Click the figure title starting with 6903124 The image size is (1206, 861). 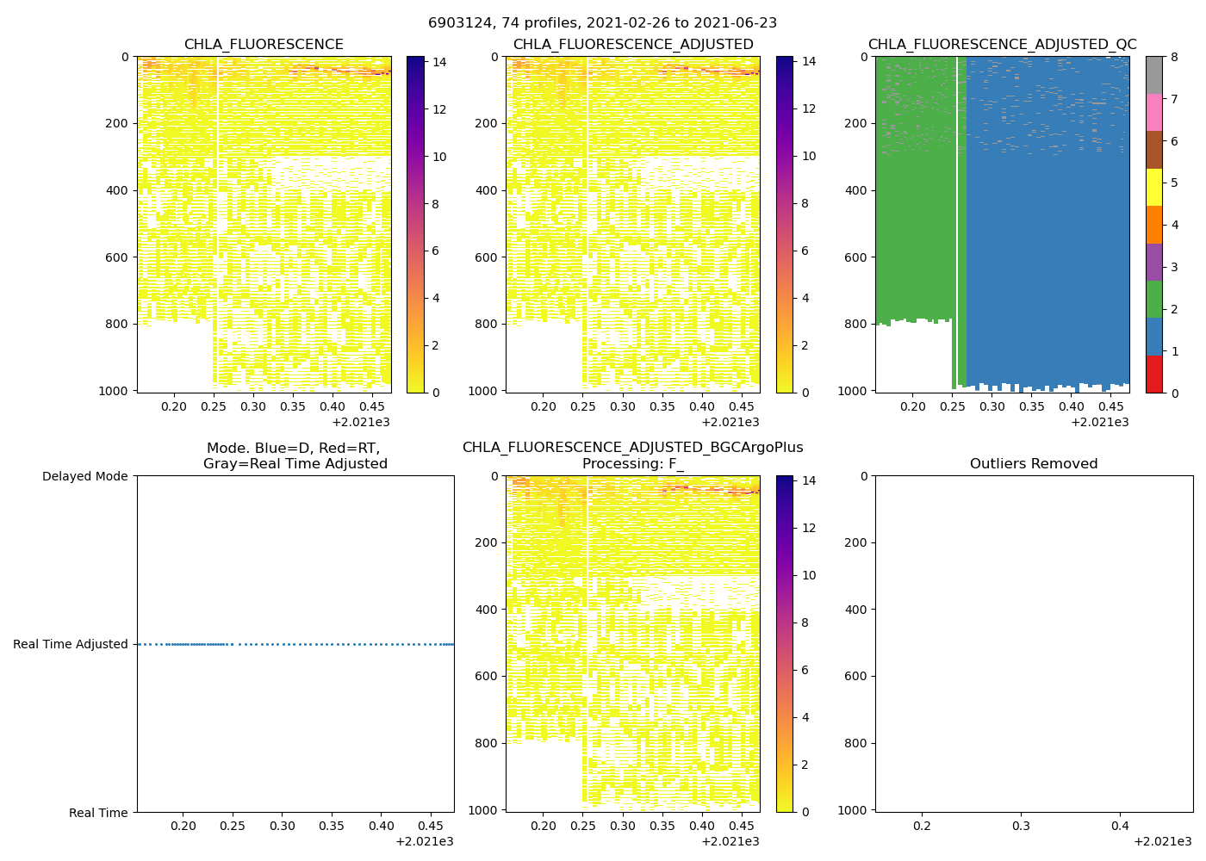tap(602, 23)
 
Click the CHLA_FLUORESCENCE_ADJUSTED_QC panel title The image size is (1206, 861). tap(1002, 45)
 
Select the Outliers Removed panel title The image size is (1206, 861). tap(1034, 464)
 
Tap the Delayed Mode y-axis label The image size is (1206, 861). tap(84, 476)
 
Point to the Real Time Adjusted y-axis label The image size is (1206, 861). tap(71, 644)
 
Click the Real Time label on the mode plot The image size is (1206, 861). tap(98, 813)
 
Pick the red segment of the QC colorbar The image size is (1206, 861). tap(1153, 375)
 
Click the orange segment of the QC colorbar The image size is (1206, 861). tap(1153, 225)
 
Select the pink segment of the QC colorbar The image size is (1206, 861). tap(1153, 112)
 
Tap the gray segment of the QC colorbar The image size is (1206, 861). tap(1153, 75)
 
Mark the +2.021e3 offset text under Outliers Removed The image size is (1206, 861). tap(1162, 841)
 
